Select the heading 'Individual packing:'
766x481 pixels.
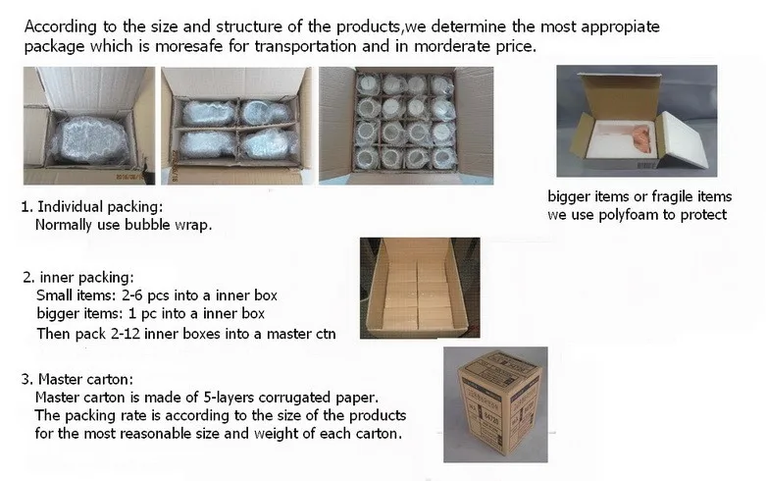(x=100, y=207)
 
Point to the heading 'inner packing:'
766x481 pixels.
(x=86, y=278)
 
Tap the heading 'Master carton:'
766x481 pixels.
(x=85, y=379)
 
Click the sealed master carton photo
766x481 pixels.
(x=495, y=404)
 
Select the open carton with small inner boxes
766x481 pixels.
(x=420, y=288)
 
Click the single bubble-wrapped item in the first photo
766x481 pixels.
(x=90, y=140)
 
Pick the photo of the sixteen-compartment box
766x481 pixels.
(x=406, y=126)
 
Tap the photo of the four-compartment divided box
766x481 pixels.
(x=236, y=126)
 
